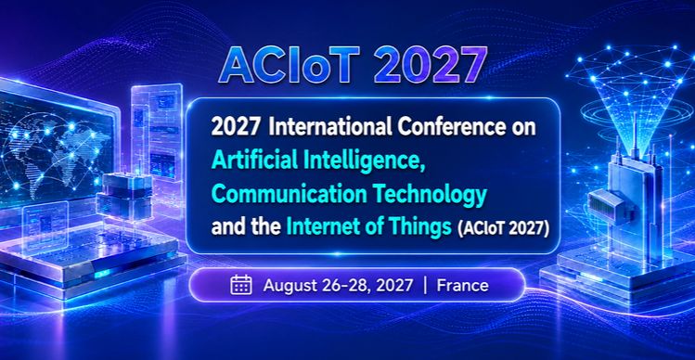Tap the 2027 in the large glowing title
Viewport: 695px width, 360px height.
pos(432,65)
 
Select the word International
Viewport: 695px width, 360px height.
pos(330,128)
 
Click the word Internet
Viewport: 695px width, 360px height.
pos(321,229)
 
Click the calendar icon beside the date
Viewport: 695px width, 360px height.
pos(241,285)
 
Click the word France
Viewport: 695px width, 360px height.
pos(462,285)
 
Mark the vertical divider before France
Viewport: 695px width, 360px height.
pos(425,285)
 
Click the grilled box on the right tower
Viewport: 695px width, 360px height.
pos(606,205)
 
